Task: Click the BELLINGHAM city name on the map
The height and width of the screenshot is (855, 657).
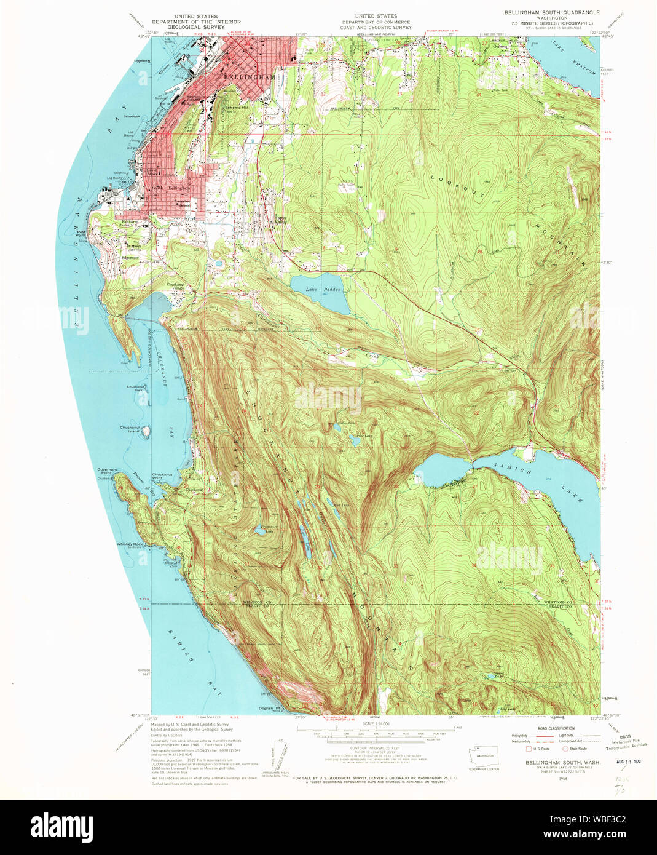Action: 250,78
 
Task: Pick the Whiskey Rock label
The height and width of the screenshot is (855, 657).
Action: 130,544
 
